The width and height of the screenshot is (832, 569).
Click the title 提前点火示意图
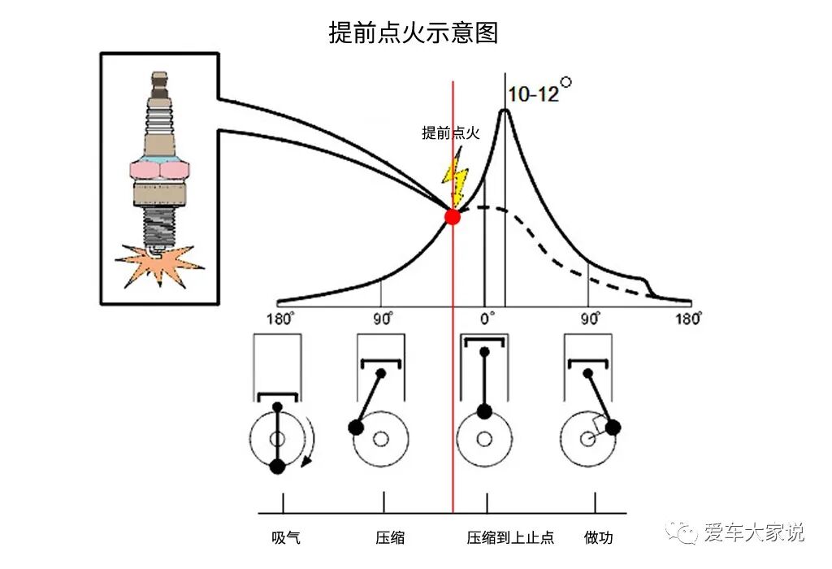413,33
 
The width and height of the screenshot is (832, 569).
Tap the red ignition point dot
453,216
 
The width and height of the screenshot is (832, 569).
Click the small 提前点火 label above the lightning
452,133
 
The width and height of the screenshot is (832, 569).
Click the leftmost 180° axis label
280,318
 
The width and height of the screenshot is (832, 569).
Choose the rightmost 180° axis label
688,318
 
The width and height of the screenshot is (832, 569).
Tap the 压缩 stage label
390,537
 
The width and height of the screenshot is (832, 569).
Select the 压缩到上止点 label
510,537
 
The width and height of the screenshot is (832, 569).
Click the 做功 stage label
599,537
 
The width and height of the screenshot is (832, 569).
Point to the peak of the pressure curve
505,111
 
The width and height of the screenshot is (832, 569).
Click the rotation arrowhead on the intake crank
305,463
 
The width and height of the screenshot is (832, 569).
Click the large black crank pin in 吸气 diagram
277,466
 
